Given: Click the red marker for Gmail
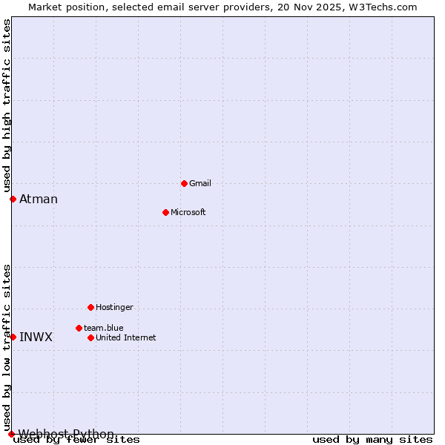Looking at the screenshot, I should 184,183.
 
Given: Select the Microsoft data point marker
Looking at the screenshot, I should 165,212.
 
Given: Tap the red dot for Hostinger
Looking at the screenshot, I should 90,307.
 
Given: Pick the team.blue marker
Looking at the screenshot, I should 79,328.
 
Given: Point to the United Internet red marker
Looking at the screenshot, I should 90,337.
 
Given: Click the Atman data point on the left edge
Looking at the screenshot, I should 13,199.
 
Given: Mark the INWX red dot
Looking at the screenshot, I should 13,337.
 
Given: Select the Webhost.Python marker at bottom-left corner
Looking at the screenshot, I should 11,434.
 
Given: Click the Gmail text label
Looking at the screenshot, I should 200,183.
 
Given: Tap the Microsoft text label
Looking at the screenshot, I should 188,212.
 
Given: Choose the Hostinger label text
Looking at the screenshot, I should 114,307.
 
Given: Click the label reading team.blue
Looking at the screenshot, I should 104,328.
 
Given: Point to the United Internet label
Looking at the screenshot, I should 126,337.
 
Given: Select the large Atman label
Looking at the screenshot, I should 39,199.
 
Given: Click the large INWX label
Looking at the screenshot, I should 36,337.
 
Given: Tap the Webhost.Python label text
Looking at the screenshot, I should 67,434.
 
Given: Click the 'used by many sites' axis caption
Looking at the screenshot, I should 372,440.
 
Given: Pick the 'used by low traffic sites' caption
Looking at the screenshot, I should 7,347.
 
